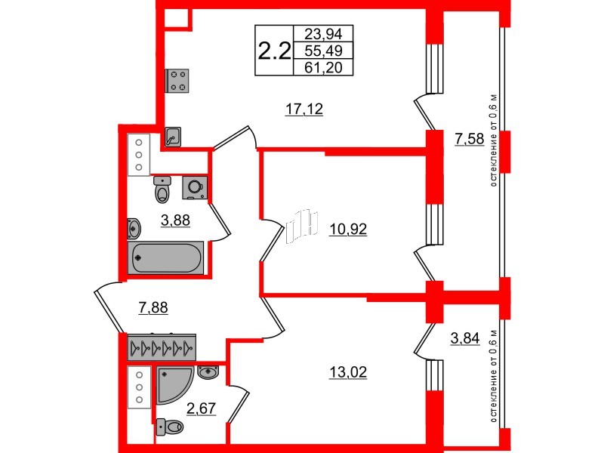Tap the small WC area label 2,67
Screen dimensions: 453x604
[x=202, y=409]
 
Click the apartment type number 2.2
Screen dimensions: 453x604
[x=274, y=51]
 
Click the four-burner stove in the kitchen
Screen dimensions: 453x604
[x=178, y=80]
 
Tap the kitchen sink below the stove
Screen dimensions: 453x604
[x=174, y=137]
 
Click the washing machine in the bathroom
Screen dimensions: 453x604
[x=195, y=186]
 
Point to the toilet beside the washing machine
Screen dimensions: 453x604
[x=162, y=190]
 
